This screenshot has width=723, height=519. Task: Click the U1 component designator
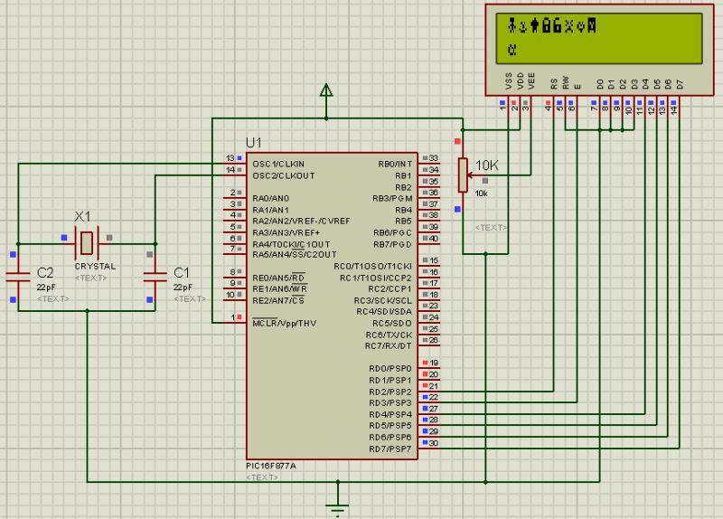pyautogui.click(x=254, y=144)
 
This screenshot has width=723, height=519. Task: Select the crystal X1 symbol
pyautogui.click(x=86, y=242)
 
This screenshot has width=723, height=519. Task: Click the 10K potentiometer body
pyautogui.click(x=463, y=175)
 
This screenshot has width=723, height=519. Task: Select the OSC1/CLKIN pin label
pyautogui.click(x=278, y=164)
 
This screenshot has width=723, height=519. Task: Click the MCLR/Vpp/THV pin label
pyautogui.click(x=284, y=323)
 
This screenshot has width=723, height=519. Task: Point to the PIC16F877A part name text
pyautogui.click(x=270, y=465)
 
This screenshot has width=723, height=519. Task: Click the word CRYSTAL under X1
pyautogui.click(x=95, y=267)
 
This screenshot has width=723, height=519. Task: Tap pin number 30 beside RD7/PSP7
pyautogui.click(x=434, y=443)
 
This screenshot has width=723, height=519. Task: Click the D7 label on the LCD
pyautogui.click(x=680, y=84)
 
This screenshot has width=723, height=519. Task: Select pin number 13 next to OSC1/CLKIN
pyautogui.click(x=230, y=158)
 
